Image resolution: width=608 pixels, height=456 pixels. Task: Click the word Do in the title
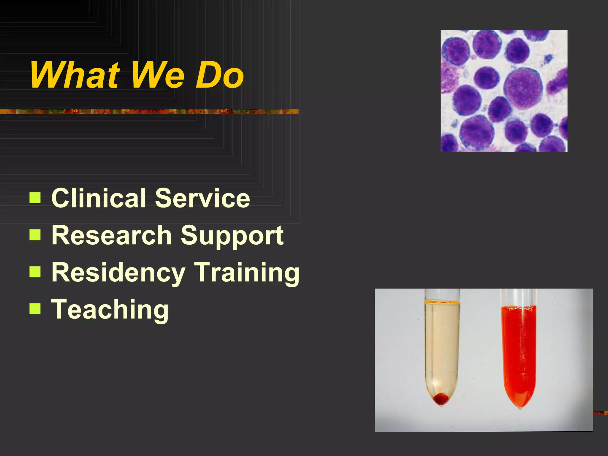coord(220,75)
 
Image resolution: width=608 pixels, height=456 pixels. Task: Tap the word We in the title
coord(158,75)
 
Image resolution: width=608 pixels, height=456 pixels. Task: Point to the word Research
coord(112,235)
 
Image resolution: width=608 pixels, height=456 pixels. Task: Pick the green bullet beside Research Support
coord(35,235)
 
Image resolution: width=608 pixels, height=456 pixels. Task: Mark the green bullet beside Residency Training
coord(35,272)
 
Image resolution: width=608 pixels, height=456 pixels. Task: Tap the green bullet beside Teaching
coord(35,309)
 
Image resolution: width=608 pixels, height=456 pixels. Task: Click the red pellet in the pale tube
coord(441,398)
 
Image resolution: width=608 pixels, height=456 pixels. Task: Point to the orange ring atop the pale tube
coord(442,303)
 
